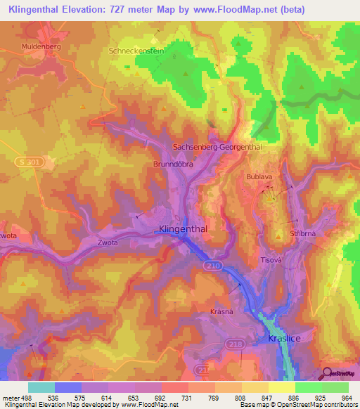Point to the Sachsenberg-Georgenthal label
click(x=217, y=147)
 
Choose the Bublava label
click(x=259, y=177)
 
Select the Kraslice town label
click(x=285, y=338)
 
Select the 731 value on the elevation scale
click(x=189, y=397)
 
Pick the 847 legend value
click(x=268, y=397)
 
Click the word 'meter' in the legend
click(x=11, y=397)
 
